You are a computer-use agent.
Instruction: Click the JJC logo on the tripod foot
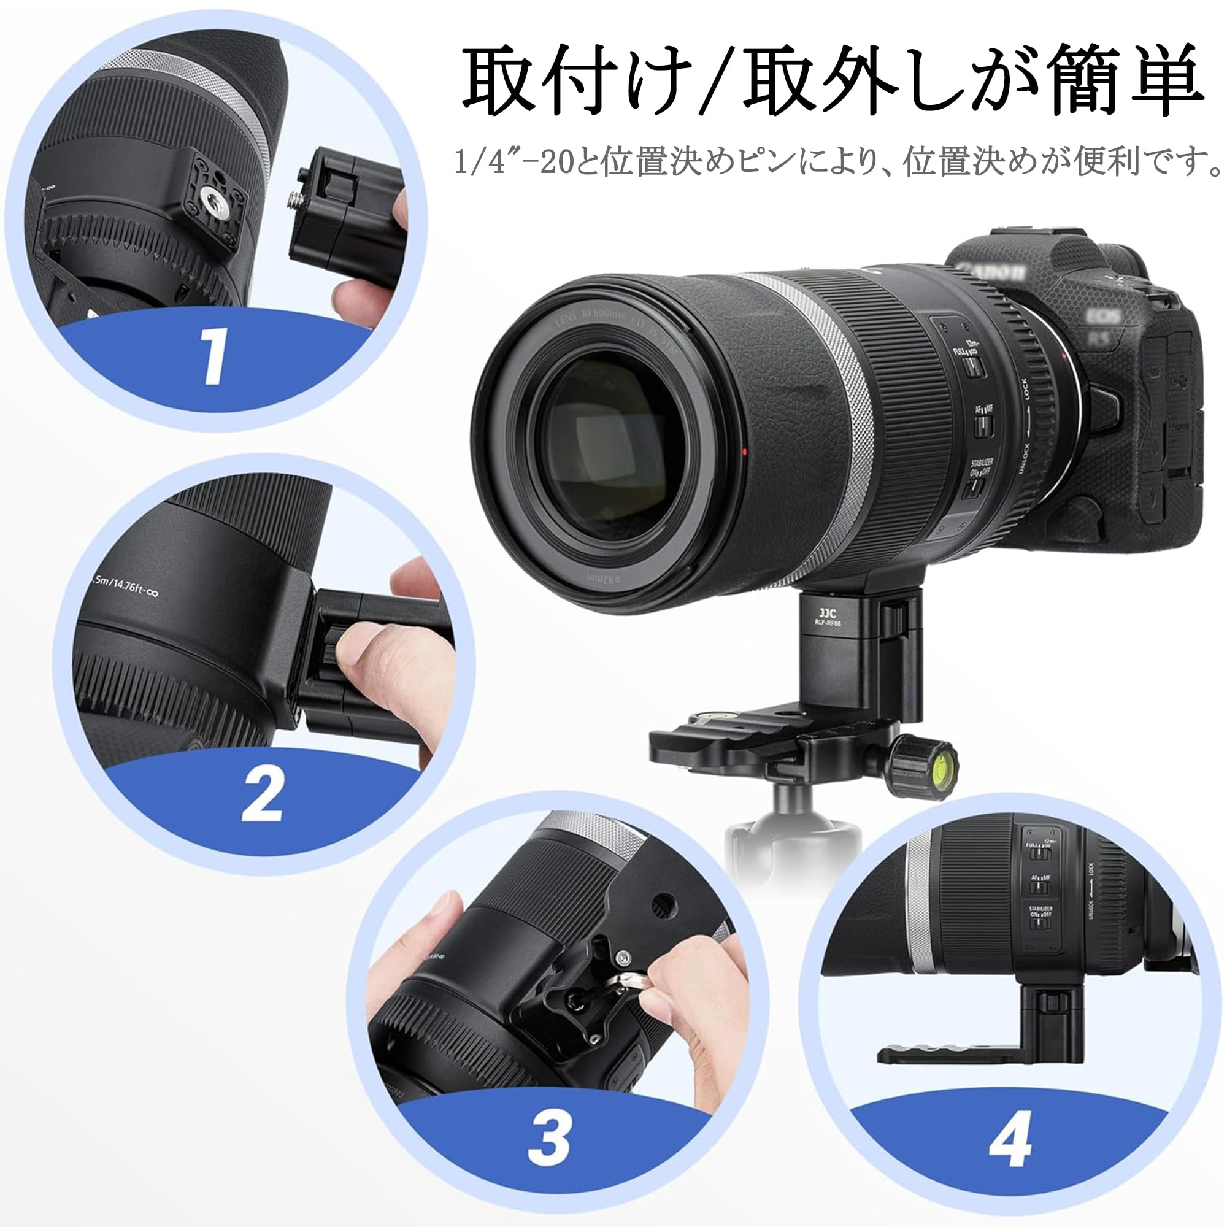828,614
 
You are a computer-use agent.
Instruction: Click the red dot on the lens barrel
744,452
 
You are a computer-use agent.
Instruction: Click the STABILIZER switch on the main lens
974,487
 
